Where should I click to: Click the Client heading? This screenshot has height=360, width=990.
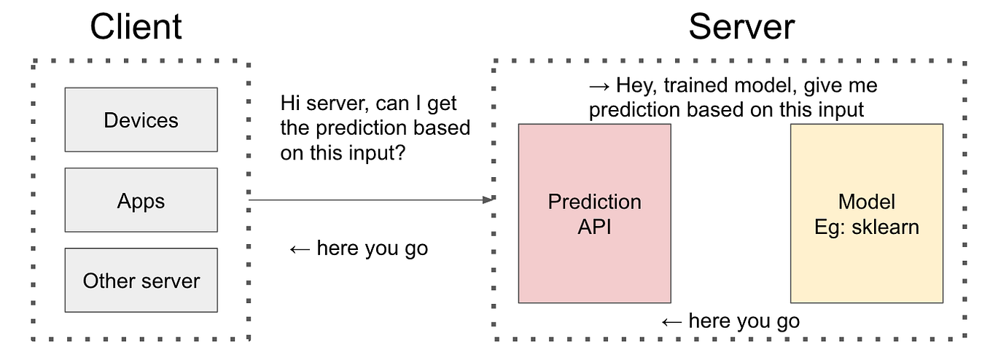pos(136,28)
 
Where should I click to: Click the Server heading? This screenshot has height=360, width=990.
pos(741,28)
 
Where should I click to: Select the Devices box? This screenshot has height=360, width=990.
pos(141,120)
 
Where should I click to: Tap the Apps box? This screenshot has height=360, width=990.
pos(141,200)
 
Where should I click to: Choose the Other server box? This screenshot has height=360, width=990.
pos(141,281)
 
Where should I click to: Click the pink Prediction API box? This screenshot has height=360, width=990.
pos(594,213)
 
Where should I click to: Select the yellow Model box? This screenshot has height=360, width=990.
pos(866,213)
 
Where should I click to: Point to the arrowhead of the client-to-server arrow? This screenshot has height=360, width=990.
pos(491,199)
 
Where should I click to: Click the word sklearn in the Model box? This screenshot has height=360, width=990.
pos(886,227)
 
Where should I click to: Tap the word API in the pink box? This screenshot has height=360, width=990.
pos(594,227)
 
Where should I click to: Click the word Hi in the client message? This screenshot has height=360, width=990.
pos(289,104)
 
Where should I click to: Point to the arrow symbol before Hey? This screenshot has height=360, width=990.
pos(599,86)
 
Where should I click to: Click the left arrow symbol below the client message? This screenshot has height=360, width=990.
pos(300,249)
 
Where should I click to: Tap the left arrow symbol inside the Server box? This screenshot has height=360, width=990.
pos(671,321)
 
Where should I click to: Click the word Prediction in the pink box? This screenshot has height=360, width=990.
pos(594,201)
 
